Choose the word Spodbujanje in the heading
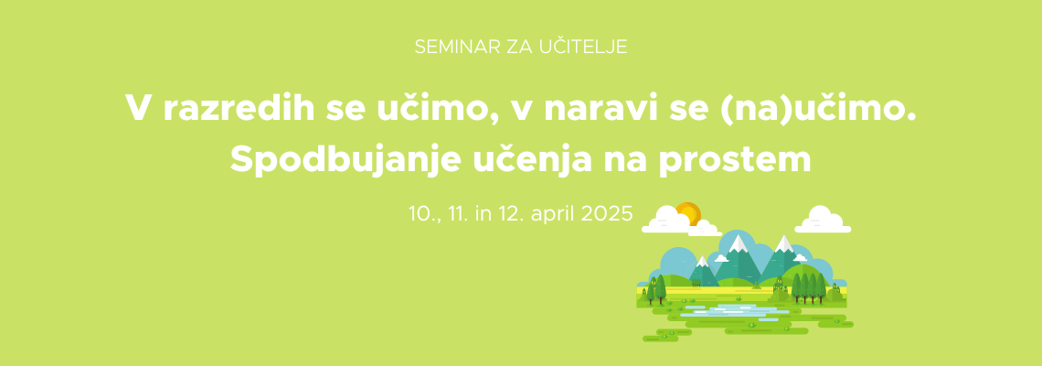tap(345, 160)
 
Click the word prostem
tap(735, 162)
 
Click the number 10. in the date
tap(422, 215)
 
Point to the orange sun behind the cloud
tap(688, 213)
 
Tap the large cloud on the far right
tap(823, 221)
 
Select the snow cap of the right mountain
tap(784, 243)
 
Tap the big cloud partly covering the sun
tap(666, 220)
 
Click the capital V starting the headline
tap(139, 108)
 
